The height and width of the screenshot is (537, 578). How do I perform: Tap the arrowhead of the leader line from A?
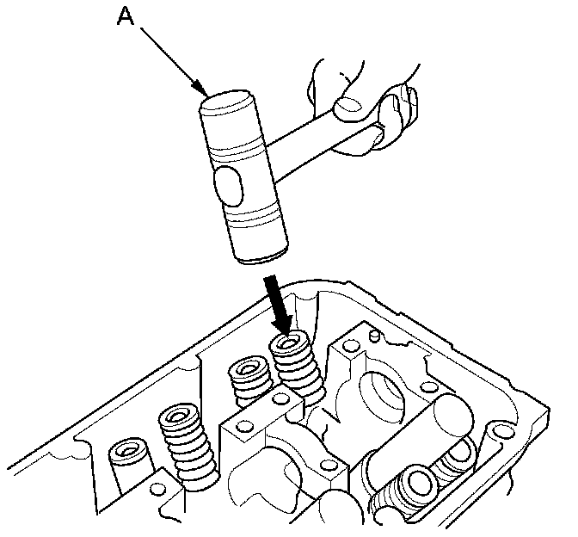coord(201,89)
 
